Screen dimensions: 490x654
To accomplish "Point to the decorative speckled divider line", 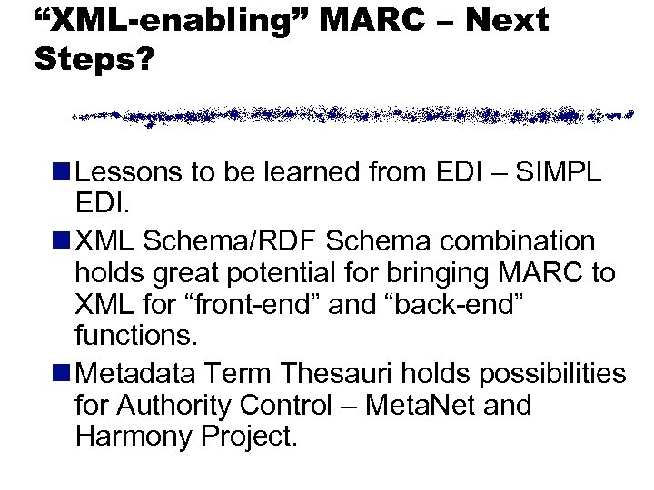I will click(x=354, y=116).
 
